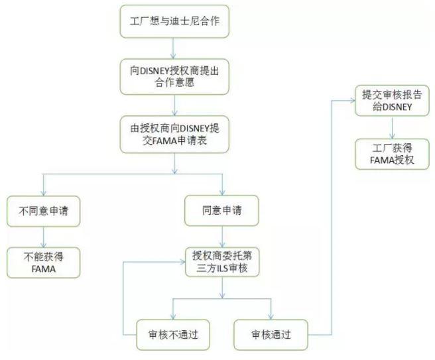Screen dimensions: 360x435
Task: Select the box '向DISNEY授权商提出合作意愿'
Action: pos(174,77)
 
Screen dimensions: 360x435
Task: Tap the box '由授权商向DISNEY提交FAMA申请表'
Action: pos(174,134)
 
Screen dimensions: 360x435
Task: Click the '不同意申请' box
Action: pos(43,212)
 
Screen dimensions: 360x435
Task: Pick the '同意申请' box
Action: pos(222,212)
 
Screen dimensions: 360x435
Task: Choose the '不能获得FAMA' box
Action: pos(43,263)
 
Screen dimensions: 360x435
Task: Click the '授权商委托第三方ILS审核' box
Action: pos(222,263)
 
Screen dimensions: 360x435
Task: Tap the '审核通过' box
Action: pos(272,334)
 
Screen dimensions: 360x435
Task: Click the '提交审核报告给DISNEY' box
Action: pos(392,101)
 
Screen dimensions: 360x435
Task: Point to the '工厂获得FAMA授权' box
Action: pos(392,154)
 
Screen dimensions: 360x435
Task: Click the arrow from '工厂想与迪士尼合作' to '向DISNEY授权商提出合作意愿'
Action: pos(174,48)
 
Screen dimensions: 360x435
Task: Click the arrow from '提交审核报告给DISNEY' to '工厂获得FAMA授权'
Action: pos(392,128)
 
